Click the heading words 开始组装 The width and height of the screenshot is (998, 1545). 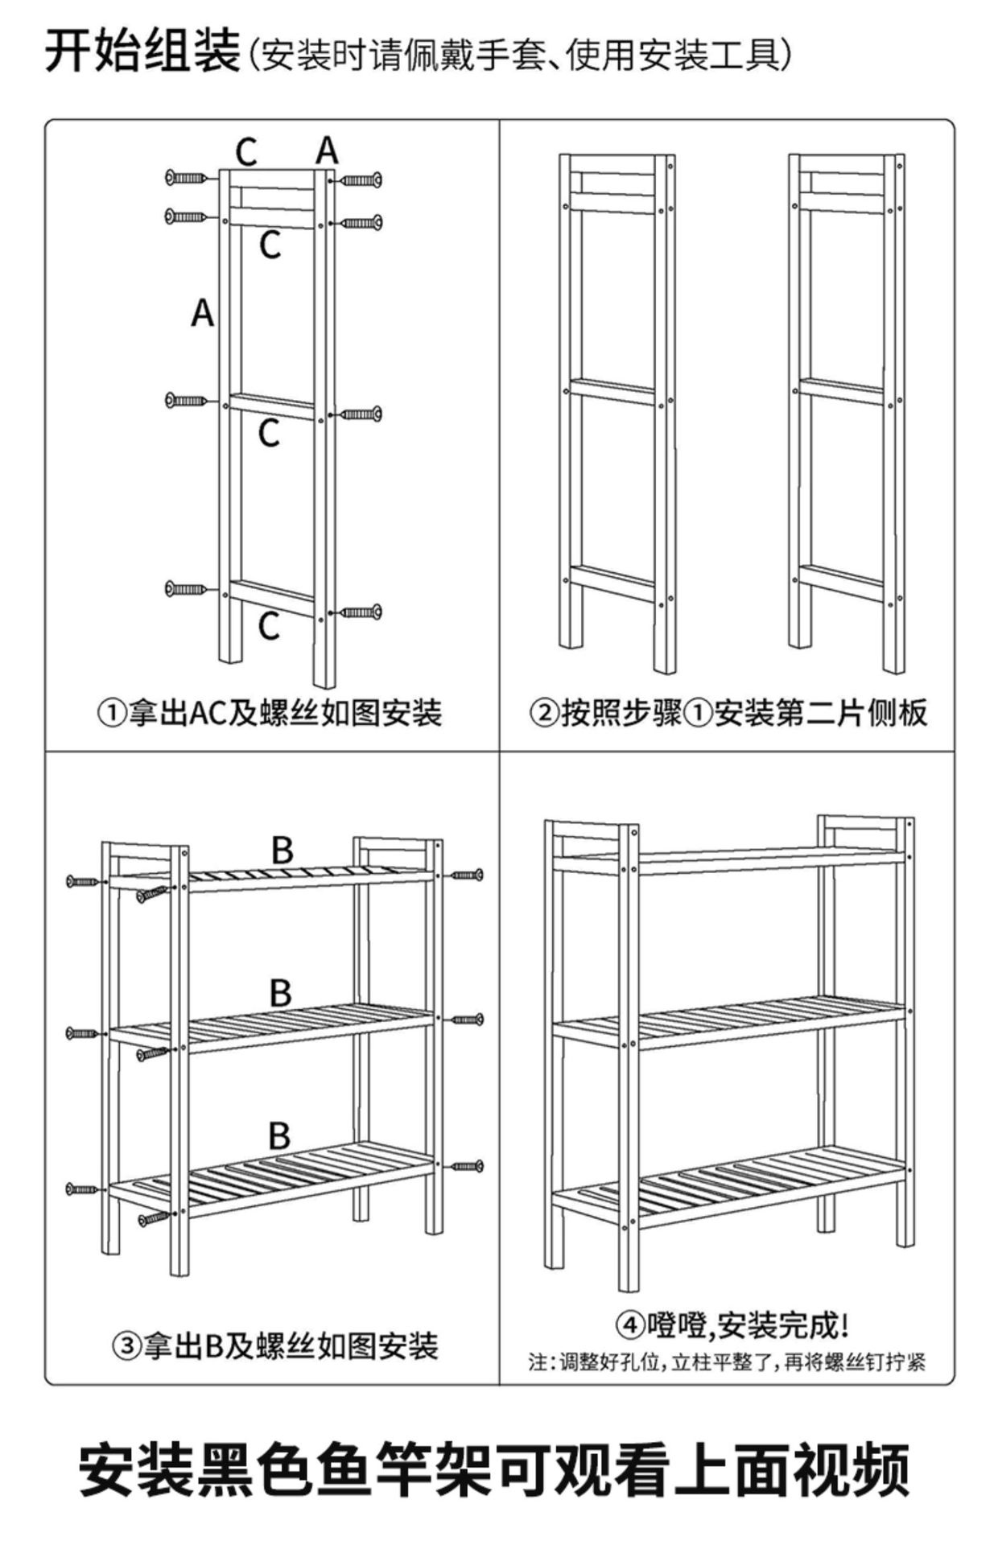click(142, 51)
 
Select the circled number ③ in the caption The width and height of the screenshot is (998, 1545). click(126, 1345)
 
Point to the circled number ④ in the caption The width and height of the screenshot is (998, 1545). click(630, 1325)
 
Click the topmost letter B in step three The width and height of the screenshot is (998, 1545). click(282, 851)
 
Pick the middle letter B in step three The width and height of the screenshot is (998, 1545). click(280, 993)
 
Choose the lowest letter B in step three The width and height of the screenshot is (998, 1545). click(278, 1135)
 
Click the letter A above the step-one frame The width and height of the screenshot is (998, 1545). click(327, 150)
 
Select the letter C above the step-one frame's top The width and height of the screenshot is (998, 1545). click(246, 151)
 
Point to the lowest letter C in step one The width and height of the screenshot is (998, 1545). click(269, 626)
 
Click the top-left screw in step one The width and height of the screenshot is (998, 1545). click(187, 177)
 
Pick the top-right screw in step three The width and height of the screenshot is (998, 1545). click(468, 875)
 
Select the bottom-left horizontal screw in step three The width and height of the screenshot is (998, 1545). click(83, 1189)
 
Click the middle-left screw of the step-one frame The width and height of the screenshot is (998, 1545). click(187, 400)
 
